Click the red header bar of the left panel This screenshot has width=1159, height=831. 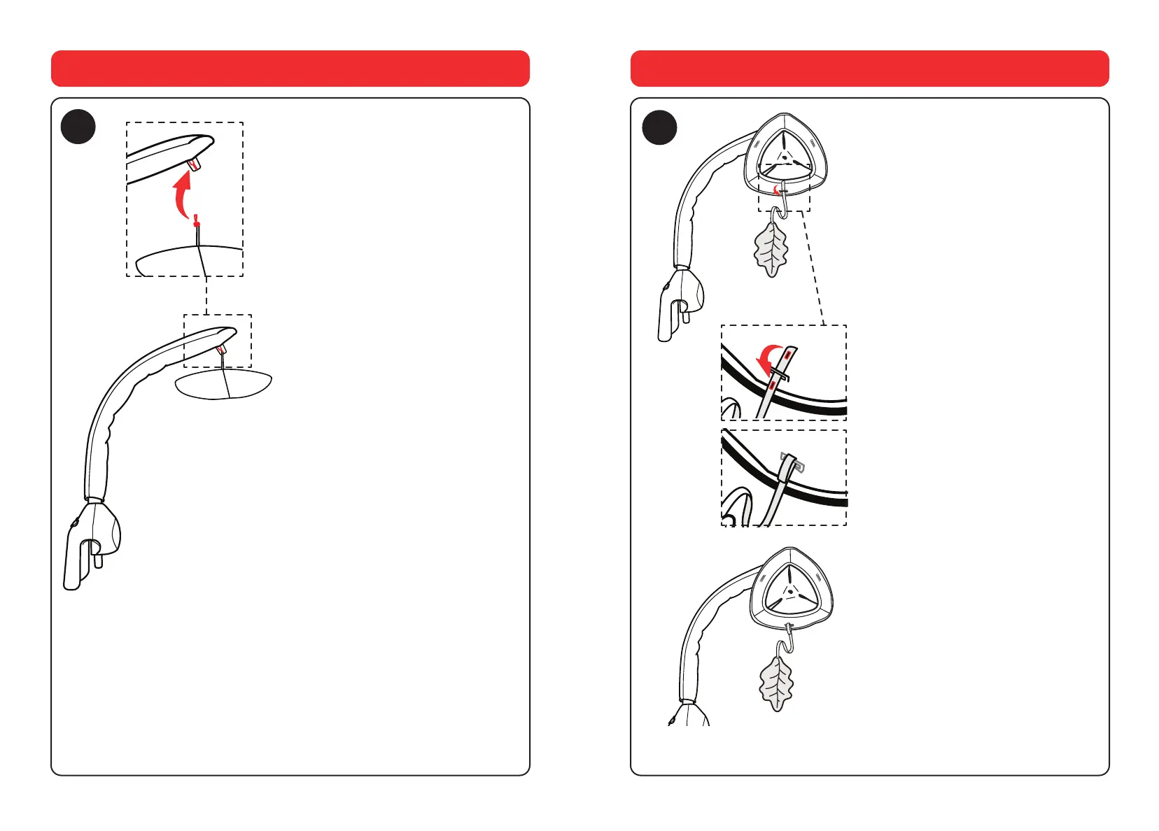tap(290, 69)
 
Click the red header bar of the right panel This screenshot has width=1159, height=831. tap(869, 69)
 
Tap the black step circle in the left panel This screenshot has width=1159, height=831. tap(78, 127)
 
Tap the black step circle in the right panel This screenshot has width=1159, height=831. tap(659, 128)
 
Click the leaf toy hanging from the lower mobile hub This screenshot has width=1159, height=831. tap(776, 681)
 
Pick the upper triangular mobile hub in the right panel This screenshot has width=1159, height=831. tap(785, 158)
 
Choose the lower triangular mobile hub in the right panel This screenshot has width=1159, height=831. tap(791, 591)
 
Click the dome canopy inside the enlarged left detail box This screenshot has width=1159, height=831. tap(189, 260)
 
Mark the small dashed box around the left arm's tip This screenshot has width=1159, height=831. tap(218, 341)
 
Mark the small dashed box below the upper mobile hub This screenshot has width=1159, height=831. tap(785, 187)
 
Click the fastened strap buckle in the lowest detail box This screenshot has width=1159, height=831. tap(791, 463)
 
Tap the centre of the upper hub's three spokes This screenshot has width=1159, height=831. tap(785, 158)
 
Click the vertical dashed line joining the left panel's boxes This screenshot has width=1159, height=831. tap(206, 295)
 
